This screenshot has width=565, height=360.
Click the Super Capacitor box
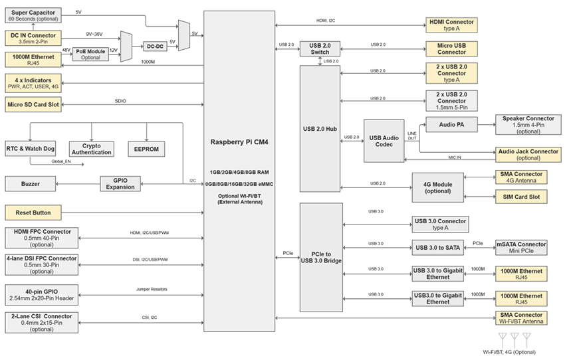click(33, 15)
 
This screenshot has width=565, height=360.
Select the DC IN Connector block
click(33, 37)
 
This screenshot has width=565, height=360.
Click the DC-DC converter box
click(156, 46)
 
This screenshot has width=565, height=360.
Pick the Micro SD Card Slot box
click(33, 104)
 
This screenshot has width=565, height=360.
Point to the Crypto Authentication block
click(91, 148)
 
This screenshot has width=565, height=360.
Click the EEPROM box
click(146, 149)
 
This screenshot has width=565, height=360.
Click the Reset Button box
click(33, 213)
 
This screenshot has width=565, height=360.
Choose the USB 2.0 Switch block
click(320, 48)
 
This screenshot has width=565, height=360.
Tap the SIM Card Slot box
click(520, 197)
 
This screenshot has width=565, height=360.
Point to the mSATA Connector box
click(520, 247)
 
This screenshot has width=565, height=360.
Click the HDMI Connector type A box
click(451, 26)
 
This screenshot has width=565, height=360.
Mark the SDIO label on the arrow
click(120, 101)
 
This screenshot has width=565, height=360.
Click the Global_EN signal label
click(62, 161)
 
